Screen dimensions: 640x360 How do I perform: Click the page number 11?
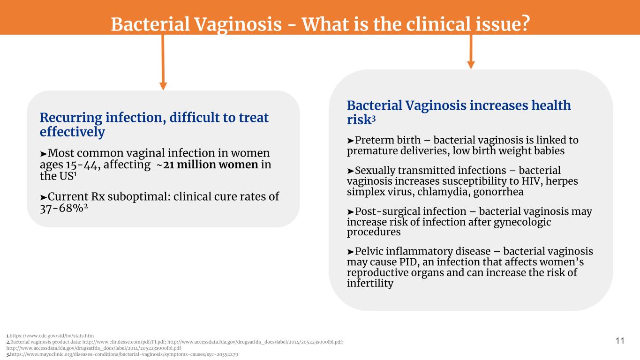click(620, 341)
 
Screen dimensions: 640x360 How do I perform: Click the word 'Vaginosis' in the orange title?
click(238, 24)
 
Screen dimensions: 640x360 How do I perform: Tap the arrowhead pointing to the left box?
click(163, 86)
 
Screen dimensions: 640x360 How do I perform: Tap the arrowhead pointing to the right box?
click(471, 65)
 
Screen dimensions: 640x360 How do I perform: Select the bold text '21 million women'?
click(211, 165)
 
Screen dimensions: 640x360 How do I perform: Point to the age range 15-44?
click(83, 165)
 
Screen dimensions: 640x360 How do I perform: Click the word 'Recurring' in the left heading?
click(71, 118)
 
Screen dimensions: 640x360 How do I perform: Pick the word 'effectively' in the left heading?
click(72, 132)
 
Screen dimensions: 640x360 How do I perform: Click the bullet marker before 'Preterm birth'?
click(351, 141)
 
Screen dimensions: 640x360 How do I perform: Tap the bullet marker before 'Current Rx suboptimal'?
click(44, 197)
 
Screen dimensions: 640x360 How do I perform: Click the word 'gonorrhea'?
click(498, 192)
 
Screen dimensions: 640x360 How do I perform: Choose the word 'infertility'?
click(370, 283)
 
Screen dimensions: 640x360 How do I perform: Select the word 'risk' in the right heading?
click(359, 120)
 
